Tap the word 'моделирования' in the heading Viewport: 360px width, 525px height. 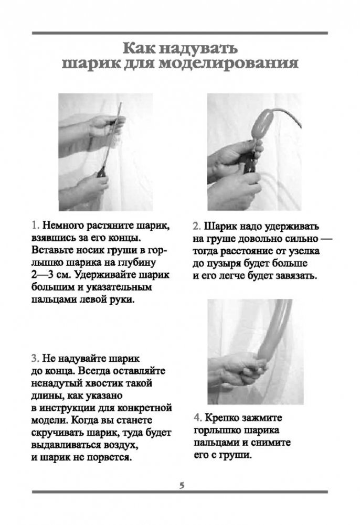[x=228, y=63]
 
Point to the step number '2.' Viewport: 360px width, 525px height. [x=197, y=227]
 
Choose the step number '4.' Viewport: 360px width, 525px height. [x=198, y=418]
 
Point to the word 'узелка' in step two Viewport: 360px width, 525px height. [x=303, y=251]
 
